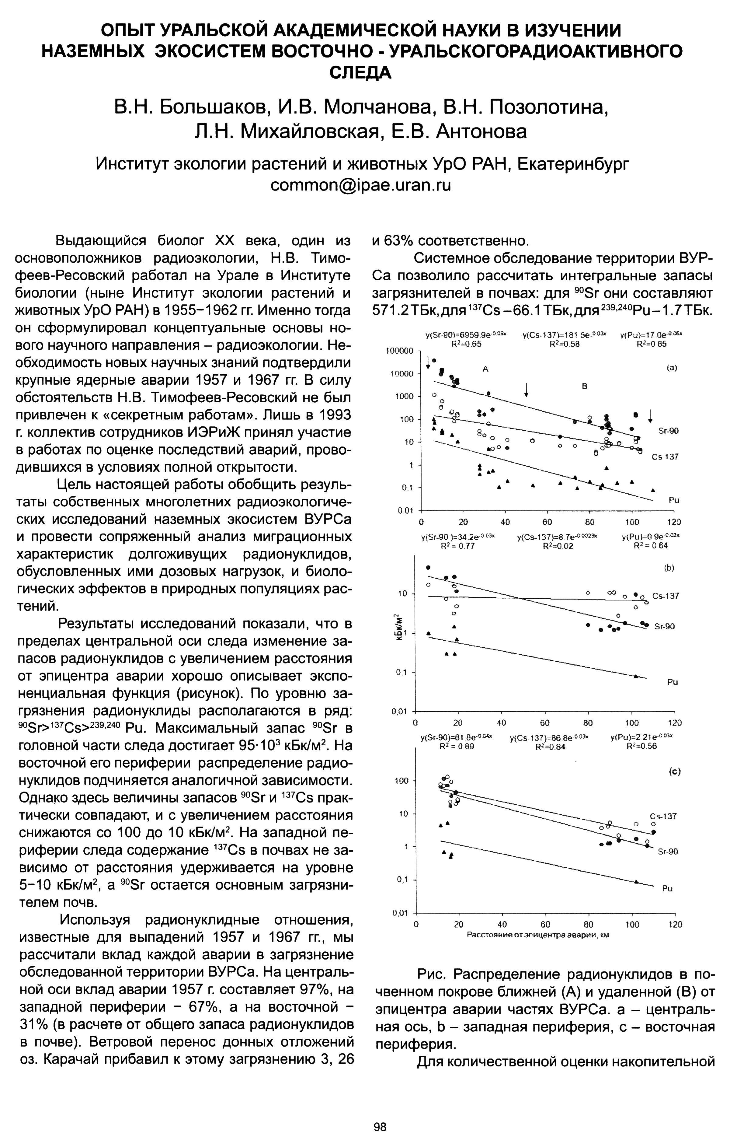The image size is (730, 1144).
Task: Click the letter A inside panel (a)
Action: point(485,368)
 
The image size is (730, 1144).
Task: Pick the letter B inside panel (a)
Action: point(585,387)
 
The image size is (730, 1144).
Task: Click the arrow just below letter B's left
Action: point(526,390)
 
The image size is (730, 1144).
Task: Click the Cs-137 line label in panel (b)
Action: point(666,596)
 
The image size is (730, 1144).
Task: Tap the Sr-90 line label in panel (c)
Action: point(668,851)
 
